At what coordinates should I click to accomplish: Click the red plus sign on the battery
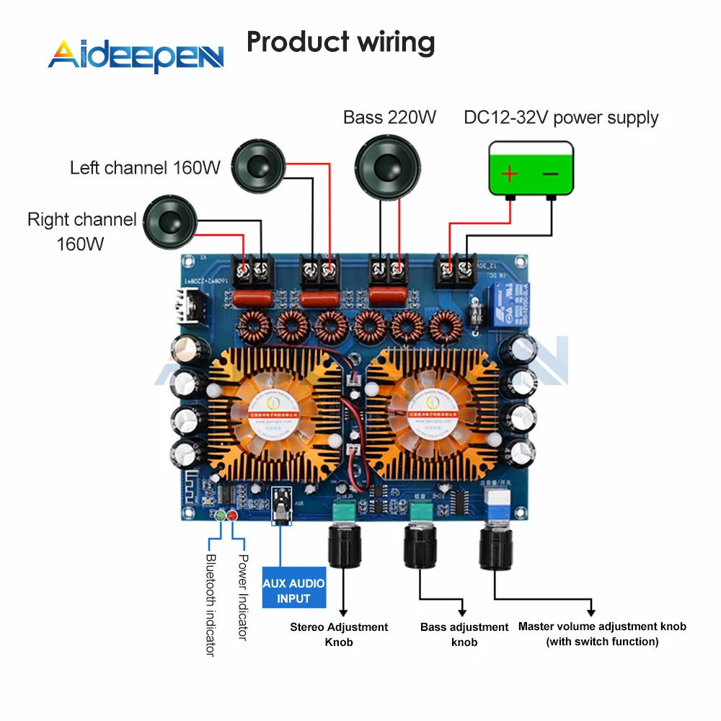[510, 174]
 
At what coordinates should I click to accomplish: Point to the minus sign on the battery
[549, 174]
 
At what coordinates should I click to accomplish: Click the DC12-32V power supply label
[561, 118]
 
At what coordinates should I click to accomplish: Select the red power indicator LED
[232, 516]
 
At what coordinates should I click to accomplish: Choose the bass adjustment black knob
[420, 546]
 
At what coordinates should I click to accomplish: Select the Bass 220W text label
[389, 118]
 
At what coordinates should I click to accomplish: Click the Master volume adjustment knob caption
[602, 634]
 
